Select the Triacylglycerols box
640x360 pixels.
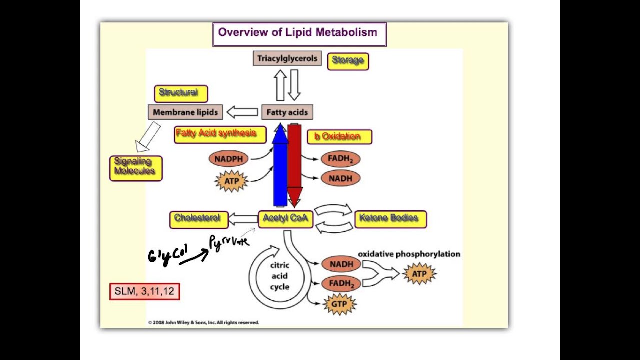(x=287, y=59)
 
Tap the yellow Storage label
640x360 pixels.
(x=348, y=61)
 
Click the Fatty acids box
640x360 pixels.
(x=287, y=112)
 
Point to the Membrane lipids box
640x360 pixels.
(x=185, y=112)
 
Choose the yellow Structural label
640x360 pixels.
(x=180, y=93)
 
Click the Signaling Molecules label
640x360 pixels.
(x=135, y=167)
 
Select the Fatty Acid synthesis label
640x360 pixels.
(x=220, y=134)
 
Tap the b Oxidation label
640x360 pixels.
(x=339, y=137)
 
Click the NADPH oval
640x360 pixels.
(x=228, y=159)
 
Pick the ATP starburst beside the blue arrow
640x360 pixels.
(x=232, y=181)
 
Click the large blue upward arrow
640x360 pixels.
(x=280, y=167)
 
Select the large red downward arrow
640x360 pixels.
(x=294, y=165)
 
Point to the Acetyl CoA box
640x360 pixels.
(x=285, y=219)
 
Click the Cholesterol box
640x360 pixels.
(x=198, y=219)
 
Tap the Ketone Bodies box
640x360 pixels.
(x=390, y=219)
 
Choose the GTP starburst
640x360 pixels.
(x=339, y=304)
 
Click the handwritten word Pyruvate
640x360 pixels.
(x=229, y=243)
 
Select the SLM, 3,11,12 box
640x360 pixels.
(x=144, y=291)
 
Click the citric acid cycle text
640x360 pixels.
(x=279, y=276)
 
